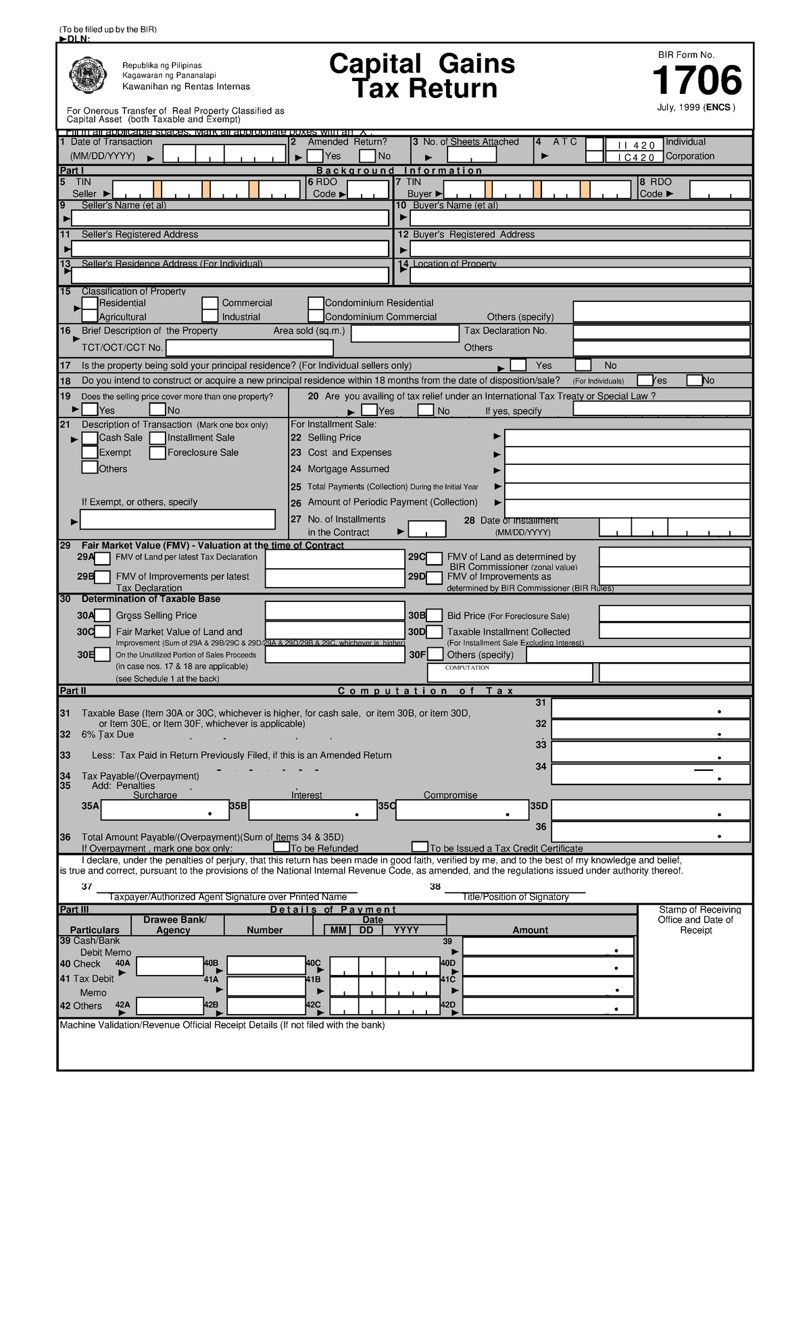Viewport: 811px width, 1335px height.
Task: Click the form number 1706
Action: pyautogui.click(x=696, y=81)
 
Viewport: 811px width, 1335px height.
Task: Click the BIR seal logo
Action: pyautogui.click(x=88, y=76)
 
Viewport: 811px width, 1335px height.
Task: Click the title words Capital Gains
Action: pyautogui.click(x=422, y=64)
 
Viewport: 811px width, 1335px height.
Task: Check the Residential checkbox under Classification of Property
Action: pyautogui.click(x=90, y=303)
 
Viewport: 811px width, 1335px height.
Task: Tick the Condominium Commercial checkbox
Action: pyautogui.click(x=316, y=316)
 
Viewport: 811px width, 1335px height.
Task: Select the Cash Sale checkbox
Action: pyautogui.click(x=90, y=438)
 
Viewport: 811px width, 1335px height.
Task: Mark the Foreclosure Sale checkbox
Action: pyautogui.click(x=157, y=453)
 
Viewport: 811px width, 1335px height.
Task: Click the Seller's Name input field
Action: pyautogui.click(x=230, y=218)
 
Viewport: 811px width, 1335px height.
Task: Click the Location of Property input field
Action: pyautogui.click(x=580, y=276)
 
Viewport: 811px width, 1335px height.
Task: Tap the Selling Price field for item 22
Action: pyautogui.click(x=627, y=438)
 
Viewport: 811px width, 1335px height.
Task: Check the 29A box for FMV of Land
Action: pyautogui.click(x=103, y=558)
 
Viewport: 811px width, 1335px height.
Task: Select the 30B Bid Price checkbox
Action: pyautogui.click(x=435, y=615)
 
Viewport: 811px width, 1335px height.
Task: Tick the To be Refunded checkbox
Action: pyautogui.click(x=281, y=847)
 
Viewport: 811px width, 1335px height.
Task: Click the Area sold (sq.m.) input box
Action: pyautogui.click(x=405, y=334)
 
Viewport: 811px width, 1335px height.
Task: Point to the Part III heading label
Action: pyautogui.click(x=74, y=909)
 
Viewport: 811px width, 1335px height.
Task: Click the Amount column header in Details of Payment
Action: pyautogui.click(x=530, y=930)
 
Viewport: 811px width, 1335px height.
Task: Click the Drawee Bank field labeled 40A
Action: pyautogui.click(x=170, y=966)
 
